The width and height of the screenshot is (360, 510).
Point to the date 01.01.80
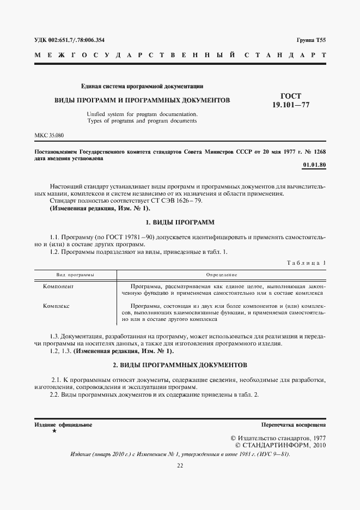[x=313, y=165]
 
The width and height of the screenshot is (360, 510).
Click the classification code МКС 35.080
[x=48, y=134]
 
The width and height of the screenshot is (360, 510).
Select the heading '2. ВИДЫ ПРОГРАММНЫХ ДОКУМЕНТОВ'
[x=180, y=363]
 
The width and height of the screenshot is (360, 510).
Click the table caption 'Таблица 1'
[x=306, y=263]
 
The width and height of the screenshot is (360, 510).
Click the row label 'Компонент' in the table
[x=58, y=286]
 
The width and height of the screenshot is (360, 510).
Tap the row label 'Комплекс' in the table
[x=57, y=306]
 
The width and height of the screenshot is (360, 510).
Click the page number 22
[x=180, y=465]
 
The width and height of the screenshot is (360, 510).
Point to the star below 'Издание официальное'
[x=53, y=431]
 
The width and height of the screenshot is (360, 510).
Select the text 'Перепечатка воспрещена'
[x=294, y=424]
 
